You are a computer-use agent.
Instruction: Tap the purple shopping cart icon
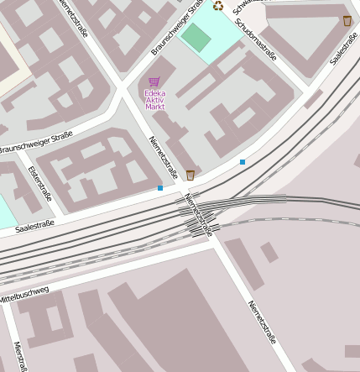pyautogui.click(x=154, y=82)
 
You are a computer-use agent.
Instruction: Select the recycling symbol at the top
pyautogui.click(x=218, y=6)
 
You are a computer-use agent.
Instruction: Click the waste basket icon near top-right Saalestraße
pyautogui.click(x=347, y=20)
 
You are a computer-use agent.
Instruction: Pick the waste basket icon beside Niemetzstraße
pyautogui.click(x=190, y=175)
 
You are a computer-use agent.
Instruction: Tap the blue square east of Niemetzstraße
pyautogui.click(x=243, y=161)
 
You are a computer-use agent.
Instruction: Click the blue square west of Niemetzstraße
pyautogui.click(x=160, y=188)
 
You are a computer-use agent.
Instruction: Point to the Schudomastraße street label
pyautogui.click(x=256, y=39)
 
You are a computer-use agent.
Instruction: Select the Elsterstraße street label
pyautogui.click(x=39, y=183)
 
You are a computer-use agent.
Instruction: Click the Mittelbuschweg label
pyautogui.click(x=24, y=294)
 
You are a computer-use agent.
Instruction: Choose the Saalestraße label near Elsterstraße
pyautogui.click(x=34, y=225)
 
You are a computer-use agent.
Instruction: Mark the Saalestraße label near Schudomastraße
pyautogui.click(x=344, y=49)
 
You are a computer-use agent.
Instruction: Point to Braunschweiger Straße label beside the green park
pyautogui.click(x=178, y=28)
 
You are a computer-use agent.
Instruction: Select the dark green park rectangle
pyautogui.click(x=196, y=36)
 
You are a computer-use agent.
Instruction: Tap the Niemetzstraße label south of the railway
pyautogui.click(x=262, y=322)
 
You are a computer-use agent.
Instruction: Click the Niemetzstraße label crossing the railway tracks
pyautogui.click(x=200, y=215)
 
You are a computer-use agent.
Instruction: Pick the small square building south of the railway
pyautogui.click(x=269, y=252)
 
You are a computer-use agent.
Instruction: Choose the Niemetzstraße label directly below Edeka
pyautogui.click(x=164, y=157)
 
